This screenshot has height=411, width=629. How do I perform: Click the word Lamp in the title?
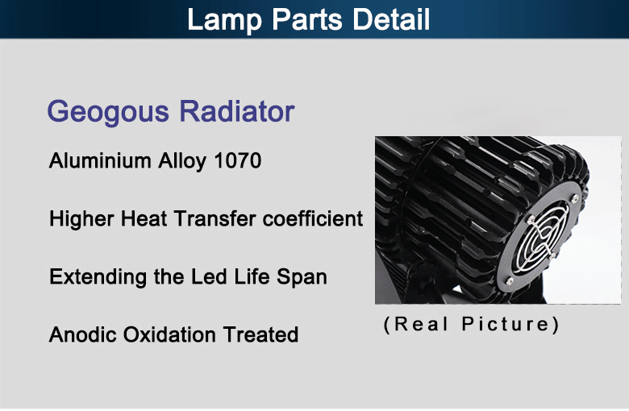(x=225, y=20)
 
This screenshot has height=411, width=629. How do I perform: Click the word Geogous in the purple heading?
(x=107, y=113)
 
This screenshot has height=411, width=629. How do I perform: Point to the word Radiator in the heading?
(x=236, y=111)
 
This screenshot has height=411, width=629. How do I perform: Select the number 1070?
(x=237, y=161)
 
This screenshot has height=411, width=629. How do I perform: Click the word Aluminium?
(x=100, y=161)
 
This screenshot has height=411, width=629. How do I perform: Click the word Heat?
(x=144, y=219)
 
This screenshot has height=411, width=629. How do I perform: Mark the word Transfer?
(x=215, y=219)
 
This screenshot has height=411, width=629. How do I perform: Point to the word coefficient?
(x=313, y=219)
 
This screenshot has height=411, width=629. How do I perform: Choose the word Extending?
(x=98, y=278)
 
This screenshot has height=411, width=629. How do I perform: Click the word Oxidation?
(x=169, y=334)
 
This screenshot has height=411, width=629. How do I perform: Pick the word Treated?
(x=260, y=334)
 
